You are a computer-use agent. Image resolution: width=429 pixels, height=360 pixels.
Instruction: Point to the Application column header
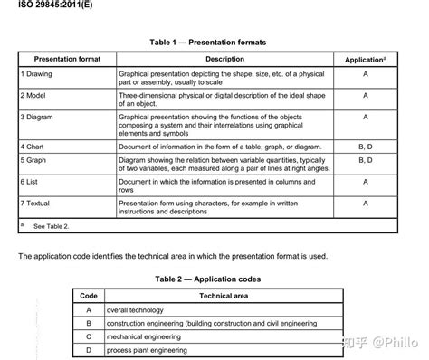click(x=366, y=60)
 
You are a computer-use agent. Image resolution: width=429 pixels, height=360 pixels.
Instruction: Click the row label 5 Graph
click(x=35, y=159)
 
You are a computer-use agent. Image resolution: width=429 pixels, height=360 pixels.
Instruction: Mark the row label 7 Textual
click(x=38, y=204)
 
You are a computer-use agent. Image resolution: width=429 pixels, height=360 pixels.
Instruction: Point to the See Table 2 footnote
click(x=50, y=226)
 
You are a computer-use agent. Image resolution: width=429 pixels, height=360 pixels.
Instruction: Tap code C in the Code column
click(x=89, y=336)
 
